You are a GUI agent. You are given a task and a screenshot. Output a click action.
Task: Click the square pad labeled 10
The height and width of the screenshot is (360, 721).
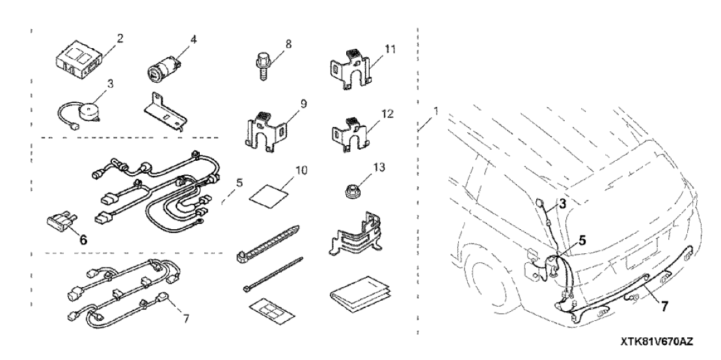click(268, 193)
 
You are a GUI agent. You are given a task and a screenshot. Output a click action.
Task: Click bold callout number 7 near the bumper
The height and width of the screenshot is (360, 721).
click(664, 305)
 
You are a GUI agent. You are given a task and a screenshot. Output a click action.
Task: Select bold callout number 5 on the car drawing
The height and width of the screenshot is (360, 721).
click(582, 239)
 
